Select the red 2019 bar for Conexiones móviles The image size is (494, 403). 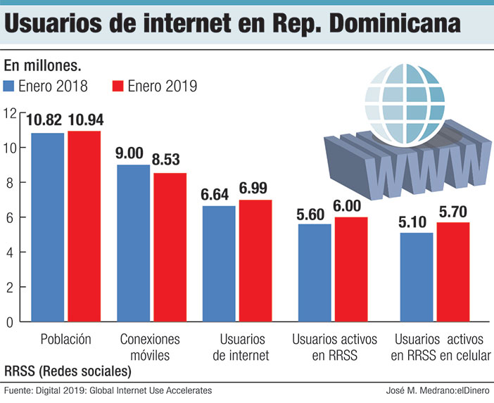[170, 248]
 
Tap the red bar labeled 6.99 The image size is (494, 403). [255, 261]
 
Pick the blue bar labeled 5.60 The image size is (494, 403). [314, 273]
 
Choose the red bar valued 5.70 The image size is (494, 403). [452, 272]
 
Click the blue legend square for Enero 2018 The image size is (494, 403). [10, 87]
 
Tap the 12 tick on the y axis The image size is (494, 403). [8, 113]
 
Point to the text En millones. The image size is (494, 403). [43, 66]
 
